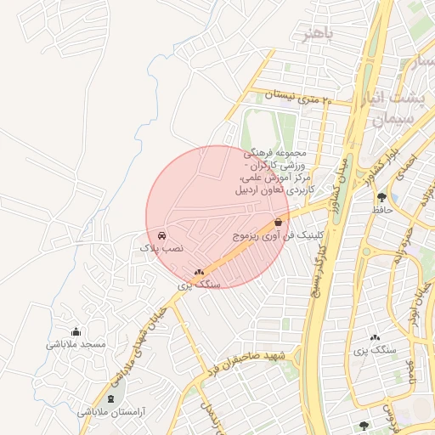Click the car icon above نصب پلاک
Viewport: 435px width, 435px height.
coord(161,235)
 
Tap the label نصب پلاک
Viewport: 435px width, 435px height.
coord(161,248)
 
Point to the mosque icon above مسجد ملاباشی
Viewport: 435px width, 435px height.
coord(76,332)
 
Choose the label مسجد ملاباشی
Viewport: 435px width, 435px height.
coord(76,344)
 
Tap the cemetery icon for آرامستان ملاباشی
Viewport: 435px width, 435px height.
coord(110,398)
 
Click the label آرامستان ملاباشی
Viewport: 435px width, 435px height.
coord(112,411)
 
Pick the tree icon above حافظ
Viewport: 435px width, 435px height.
coord(381,196)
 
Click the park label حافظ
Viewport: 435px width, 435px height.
coord(381,208)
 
